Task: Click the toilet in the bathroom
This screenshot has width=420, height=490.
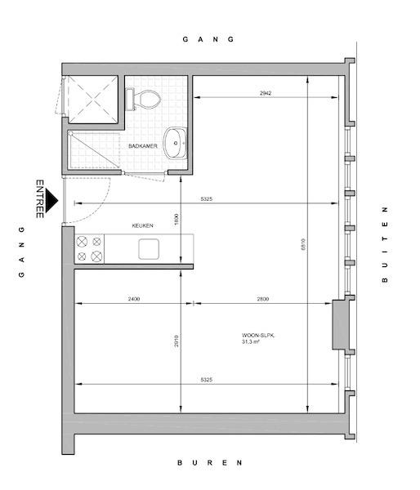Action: pos(143,100)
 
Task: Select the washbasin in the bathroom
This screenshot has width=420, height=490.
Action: pos(176,143)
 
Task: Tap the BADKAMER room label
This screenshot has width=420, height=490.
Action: pos(143,146)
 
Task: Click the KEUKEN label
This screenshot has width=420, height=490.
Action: pos(143,225)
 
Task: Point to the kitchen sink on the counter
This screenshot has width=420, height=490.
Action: pos(149,249)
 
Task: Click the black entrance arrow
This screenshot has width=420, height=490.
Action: pos(51,200)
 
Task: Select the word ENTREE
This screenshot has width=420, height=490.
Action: pos(40,198)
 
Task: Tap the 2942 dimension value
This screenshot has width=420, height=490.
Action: pos(266,93)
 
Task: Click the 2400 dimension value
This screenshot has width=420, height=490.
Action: pos(134,299)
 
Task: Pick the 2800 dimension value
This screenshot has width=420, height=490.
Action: pos(263,299)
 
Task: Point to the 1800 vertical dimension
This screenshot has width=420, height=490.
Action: pos(176,220)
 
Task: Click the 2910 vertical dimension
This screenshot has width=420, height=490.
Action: pos(176,341)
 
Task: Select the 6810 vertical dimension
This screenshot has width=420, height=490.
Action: pos(302,245)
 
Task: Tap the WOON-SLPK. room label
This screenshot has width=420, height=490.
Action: pos(258,336)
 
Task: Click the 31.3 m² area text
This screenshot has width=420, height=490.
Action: pos(251,341)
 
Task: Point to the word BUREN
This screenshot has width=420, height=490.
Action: pos(210,463)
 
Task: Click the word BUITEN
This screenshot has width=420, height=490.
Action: pos(385,245)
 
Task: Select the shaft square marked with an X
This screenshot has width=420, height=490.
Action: pos(93,100)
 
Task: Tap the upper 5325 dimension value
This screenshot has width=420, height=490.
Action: pos(207,198)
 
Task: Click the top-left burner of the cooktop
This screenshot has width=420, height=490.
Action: pos(82,242)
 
